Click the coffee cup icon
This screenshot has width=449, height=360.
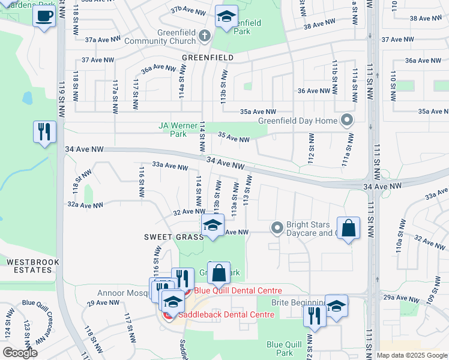point(44,16)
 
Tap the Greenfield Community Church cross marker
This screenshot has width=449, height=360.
point(204,36)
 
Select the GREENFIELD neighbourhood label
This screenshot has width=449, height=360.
point(207,57)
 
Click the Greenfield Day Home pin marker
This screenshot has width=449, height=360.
point(346,121)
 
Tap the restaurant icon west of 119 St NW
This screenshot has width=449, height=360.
point(44,133)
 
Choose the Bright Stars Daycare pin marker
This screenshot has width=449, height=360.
point(277,227)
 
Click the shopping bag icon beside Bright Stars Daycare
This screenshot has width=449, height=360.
point(348,228)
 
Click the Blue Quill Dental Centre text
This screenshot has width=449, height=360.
point(238,291)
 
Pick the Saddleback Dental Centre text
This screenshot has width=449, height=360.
point(220,314)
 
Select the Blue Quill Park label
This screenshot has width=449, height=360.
point(280,349)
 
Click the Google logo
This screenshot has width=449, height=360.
point(20,353)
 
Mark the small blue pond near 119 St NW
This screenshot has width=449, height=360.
point(27,98)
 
